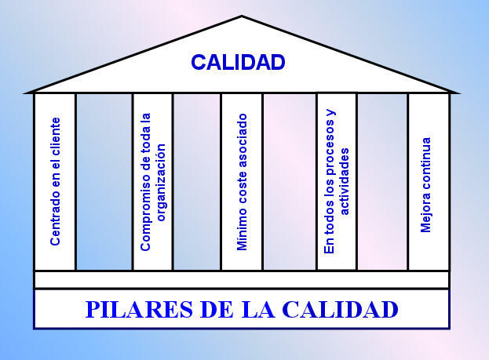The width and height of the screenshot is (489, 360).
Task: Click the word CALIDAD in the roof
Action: (238, 62)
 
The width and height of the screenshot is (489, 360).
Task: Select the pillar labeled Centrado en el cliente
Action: (55, 181)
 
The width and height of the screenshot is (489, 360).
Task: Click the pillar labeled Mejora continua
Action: (428, 183)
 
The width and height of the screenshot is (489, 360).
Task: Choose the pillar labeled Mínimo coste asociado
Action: (242, 181)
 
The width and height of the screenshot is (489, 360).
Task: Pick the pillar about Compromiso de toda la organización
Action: (153, 181)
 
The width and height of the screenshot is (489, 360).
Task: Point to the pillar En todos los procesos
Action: (337, 181)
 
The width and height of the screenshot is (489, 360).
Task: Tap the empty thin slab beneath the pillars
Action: (242, 279)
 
